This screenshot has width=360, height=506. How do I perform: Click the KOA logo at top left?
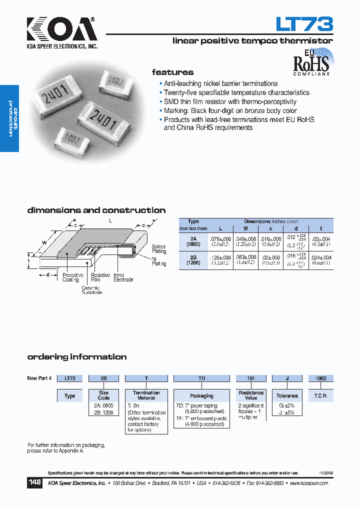pos(62,30)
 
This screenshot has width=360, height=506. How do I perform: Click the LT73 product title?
pos(304,24)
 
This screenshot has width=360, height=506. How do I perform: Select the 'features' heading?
pos(172,72)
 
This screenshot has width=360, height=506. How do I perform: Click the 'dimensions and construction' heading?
pos(96,210)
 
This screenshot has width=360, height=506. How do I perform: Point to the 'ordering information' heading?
pos(76,357)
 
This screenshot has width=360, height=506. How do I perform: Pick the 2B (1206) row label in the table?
pos(193,259)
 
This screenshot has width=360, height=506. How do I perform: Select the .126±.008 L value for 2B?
pos(220,257)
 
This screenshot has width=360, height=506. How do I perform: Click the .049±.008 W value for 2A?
pos(245,239)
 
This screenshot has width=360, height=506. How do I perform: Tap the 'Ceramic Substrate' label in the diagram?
pos(91,290)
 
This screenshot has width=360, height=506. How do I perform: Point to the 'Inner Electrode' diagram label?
pos(123,277)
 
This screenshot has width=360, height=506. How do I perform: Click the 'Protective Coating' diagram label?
pos(73,277)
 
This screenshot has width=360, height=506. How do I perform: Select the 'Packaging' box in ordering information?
pos(201,395)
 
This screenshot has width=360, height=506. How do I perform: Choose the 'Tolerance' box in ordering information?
pos(287,395)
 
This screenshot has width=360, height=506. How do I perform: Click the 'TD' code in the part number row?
pos(201,378)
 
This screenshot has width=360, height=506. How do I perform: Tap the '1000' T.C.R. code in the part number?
pos(320,378)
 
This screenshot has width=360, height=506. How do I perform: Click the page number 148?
pos(34,483)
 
